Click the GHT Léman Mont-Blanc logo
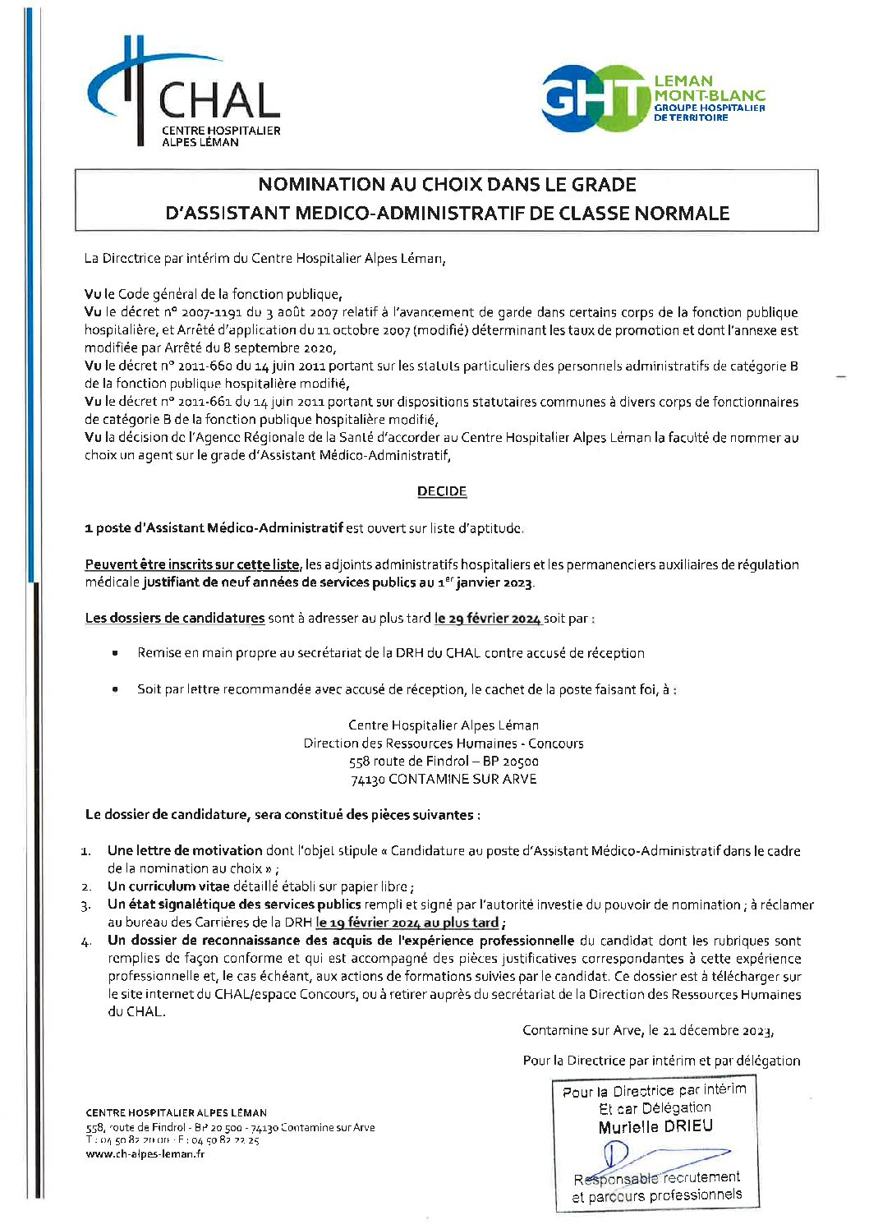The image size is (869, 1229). pyautogui.click(x=653, y=99)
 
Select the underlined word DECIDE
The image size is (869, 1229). pyautogui.click(x=442, y=491)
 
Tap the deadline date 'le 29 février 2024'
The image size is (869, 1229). pyautogui.click(x=487, y=619)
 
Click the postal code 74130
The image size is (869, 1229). pyautogui.click(x=367, y=780)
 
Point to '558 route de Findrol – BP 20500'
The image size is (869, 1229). pyautogui.click(x=444, y=762)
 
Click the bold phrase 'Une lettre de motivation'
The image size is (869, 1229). pyautogui.click(x=185, y=851)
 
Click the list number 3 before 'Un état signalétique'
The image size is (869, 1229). pyautogui.click(x=85, y=905)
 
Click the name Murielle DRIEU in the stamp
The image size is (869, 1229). pyautogui.click(x=655, y=1126)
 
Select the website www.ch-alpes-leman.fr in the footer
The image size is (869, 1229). pyautogui.click(x=145, y=1154)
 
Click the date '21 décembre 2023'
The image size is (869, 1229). pyautogui.click(x=716, y=1030)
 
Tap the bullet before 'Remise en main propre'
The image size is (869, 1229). pyautogui.click(x=116, y=653)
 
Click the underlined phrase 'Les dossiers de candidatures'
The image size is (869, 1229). pyautogui.click(x=175, y=619)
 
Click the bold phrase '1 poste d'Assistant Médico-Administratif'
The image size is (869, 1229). pyautogui.click(x=214, y=528)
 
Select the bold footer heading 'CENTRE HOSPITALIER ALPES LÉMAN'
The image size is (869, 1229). pyautogui.click(x=176, y=1112)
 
